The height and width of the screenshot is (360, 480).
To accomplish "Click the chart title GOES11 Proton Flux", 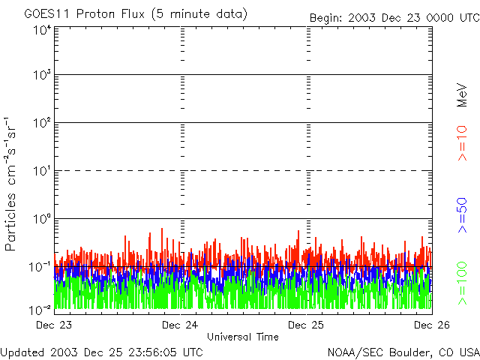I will [x=135, y=14].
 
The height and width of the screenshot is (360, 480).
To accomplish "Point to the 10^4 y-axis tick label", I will [x=42, y=29].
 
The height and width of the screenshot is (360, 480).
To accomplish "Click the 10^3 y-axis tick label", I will [x=42, y=76].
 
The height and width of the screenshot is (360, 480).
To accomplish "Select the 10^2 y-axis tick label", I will [x=42, y=123].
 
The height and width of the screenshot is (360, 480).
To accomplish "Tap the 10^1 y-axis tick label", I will [x=42, y=171].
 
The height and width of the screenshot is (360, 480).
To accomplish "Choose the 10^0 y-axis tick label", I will [x=42, y=219].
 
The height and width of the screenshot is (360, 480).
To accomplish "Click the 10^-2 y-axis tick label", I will [x=40, y=309].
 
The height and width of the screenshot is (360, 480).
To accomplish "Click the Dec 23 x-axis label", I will [x=54, y=325].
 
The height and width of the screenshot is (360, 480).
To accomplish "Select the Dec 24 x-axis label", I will [x=180, y=325].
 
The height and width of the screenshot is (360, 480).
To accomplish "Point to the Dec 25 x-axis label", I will [x=306, y=325].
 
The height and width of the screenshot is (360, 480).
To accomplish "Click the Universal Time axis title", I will [x=242, y=337].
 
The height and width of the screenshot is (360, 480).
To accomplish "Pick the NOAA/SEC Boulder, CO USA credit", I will [x=403, y=352].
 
